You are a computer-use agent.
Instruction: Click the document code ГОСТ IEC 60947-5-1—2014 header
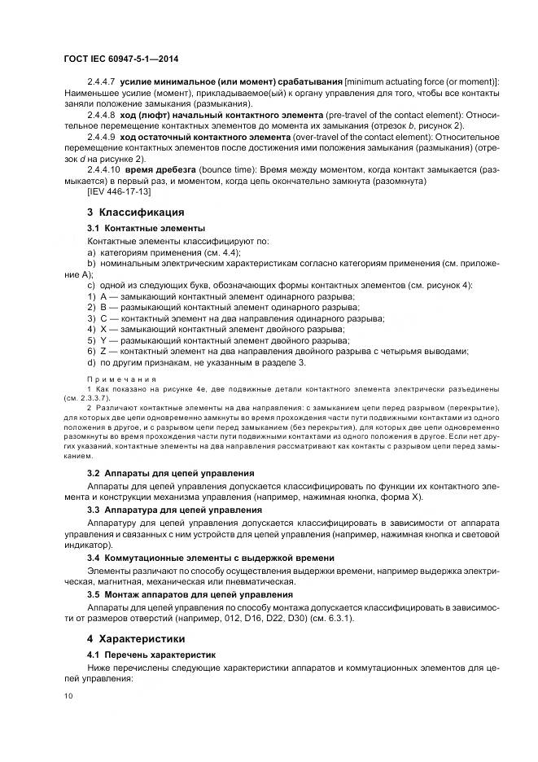coord(121,59)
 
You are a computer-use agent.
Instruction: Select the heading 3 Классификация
coord(129,212)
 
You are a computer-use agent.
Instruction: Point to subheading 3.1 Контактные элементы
coord(146,229)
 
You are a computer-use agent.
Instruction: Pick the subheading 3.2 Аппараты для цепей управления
coord(170,473)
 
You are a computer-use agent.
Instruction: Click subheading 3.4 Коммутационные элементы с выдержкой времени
coord(210,558)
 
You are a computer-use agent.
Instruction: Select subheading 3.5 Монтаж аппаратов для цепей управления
coord(190,594)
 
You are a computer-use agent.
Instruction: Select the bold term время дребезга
coord(160,170)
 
